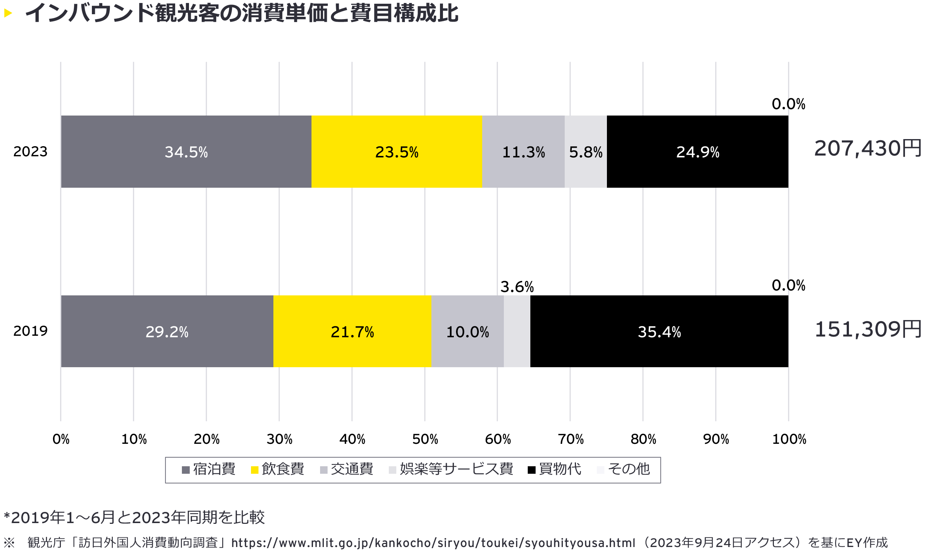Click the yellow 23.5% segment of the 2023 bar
pos(397,151)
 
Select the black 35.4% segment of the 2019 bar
pos(659,331)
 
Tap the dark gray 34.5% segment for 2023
pos(186,151)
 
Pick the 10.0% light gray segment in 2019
pos(467,331)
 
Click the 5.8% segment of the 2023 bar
pos(586,151)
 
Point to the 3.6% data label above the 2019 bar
pos(517,287)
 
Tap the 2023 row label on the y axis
pos(30,151)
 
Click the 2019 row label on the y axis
pos(30,331)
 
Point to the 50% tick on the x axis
pos(425,439)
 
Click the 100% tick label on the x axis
pos(789,439)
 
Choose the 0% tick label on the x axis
pos(61,439)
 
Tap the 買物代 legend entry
pos(555,469)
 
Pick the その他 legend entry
pos(624,469)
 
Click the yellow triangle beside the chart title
pos(8,13)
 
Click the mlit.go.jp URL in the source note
pos(433,543)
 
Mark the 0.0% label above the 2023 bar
pos(788,104)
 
